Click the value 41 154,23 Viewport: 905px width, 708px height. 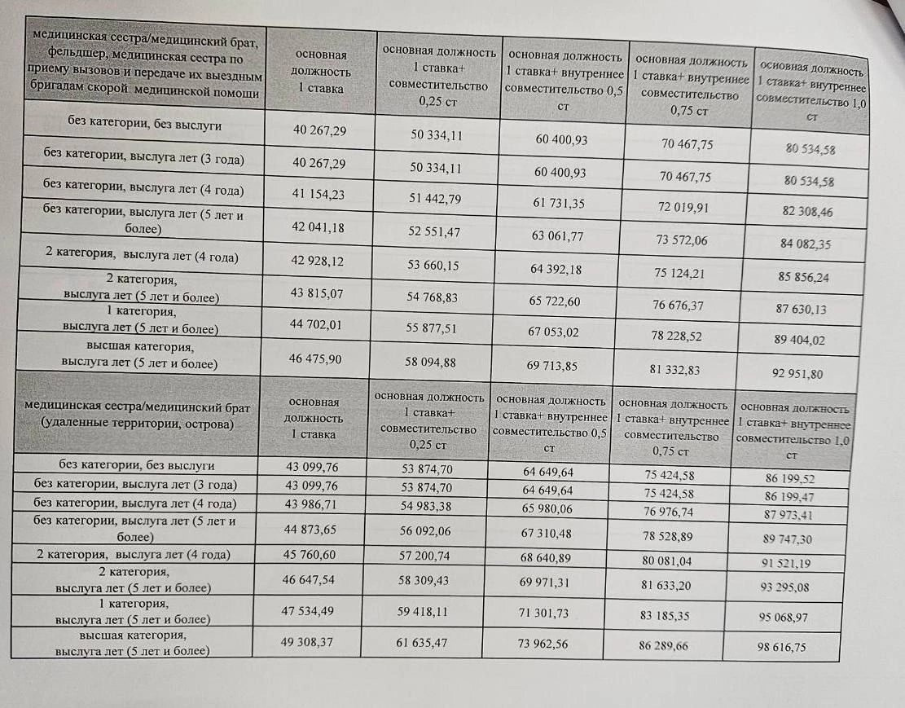coord(319,195)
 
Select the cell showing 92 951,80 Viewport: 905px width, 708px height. coord(802,374)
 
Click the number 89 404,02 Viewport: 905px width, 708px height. coord(802,341)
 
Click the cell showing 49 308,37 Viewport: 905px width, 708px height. coord(307,642)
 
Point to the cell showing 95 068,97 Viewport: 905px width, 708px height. coord(783,618)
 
